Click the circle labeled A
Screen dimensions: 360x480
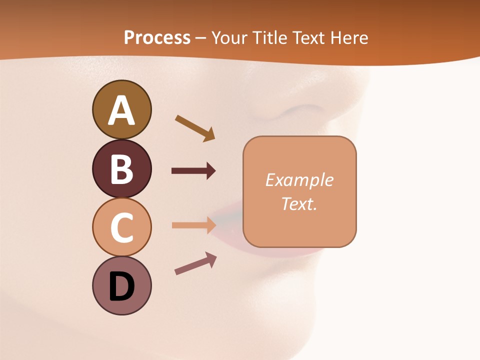tap(121, 109)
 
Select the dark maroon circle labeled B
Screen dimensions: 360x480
tap(121, 168)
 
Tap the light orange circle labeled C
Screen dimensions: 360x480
tap(121, 227)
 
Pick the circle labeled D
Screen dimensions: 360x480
tap(121, 285)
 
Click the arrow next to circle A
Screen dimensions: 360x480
tap(195, 128)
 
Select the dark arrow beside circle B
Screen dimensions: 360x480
tap(193, 171)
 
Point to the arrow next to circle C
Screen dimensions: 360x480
tap(193, 225)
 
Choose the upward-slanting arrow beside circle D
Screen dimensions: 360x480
tap(195, 263)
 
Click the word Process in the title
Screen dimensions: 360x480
tap(157, 37)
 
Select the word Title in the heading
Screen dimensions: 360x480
tap(271, 37)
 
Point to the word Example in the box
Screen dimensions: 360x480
tap(299, 180)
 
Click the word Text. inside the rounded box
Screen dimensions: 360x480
tap(299, 203)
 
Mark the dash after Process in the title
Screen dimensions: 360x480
tap(200, 38)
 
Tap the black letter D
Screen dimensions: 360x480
tap(121, 286)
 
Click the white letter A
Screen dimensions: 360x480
tap(121, 110)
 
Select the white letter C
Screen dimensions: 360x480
tap(121, 227)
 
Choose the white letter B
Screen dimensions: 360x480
tap(121, 169)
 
